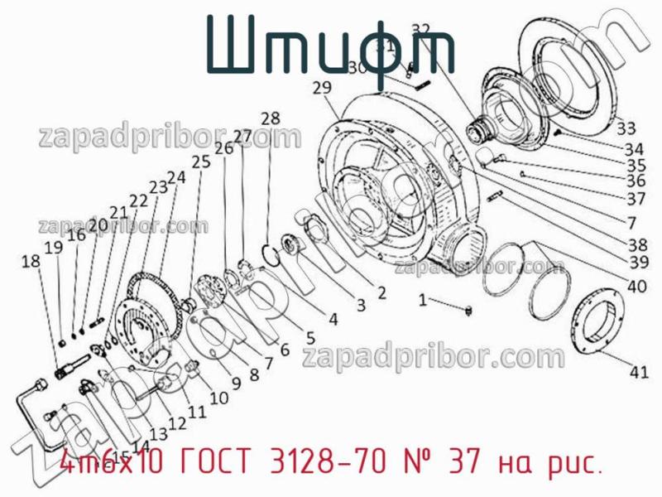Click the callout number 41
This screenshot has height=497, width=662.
pos(638,373)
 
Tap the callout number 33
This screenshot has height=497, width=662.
pos(626,128)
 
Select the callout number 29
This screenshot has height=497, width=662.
pos(324,88)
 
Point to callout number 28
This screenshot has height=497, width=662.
pos(270,118)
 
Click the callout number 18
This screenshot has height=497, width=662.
pos(30,262)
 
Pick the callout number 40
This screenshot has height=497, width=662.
pos(636,288)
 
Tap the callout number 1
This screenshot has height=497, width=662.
pos(423,300)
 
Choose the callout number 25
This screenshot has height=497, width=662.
pos(199,162)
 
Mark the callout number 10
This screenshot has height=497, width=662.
pos(218,398)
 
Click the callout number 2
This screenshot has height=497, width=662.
pos(381,292)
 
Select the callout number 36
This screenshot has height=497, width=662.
pos(636,180)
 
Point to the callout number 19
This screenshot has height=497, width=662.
pos(53,247)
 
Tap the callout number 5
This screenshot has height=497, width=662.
pos(309,337)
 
